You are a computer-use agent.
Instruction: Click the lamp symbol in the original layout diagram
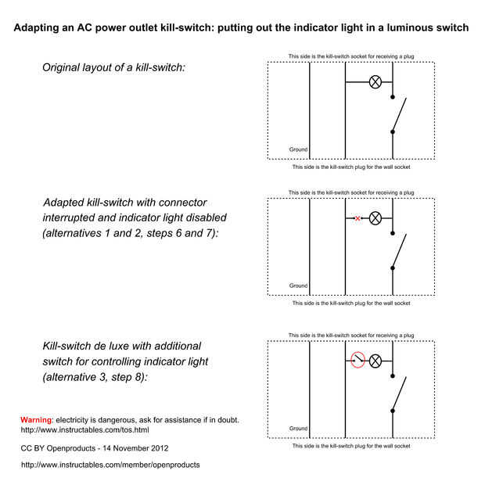pos(375,81)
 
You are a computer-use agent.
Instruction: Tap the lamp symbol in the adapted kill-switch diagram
pos(375,218)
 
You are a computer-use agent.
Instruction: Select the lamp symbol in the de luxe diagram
pos(375,361)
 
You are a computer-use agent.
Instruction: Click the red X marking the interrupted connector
pos(357,218)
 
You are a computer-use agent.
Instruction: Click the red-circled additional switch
pos(357,361)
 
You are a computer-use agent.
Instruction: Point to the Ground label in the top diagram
pos(298,149)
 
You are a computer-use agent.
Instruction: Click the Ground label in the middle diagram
pos(298,286)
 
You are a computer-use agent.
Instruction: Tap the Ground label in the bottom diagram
pos(298,429)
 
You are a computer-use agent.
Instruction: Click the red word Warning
pos(35,420)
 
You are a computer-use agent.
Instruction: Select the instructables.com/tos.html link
pos(84,430)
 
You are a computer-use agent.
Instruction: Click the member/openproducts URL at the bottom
pos(110,465)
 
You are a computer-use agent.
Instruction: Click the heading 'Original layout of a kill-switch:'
pos(113,68)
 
